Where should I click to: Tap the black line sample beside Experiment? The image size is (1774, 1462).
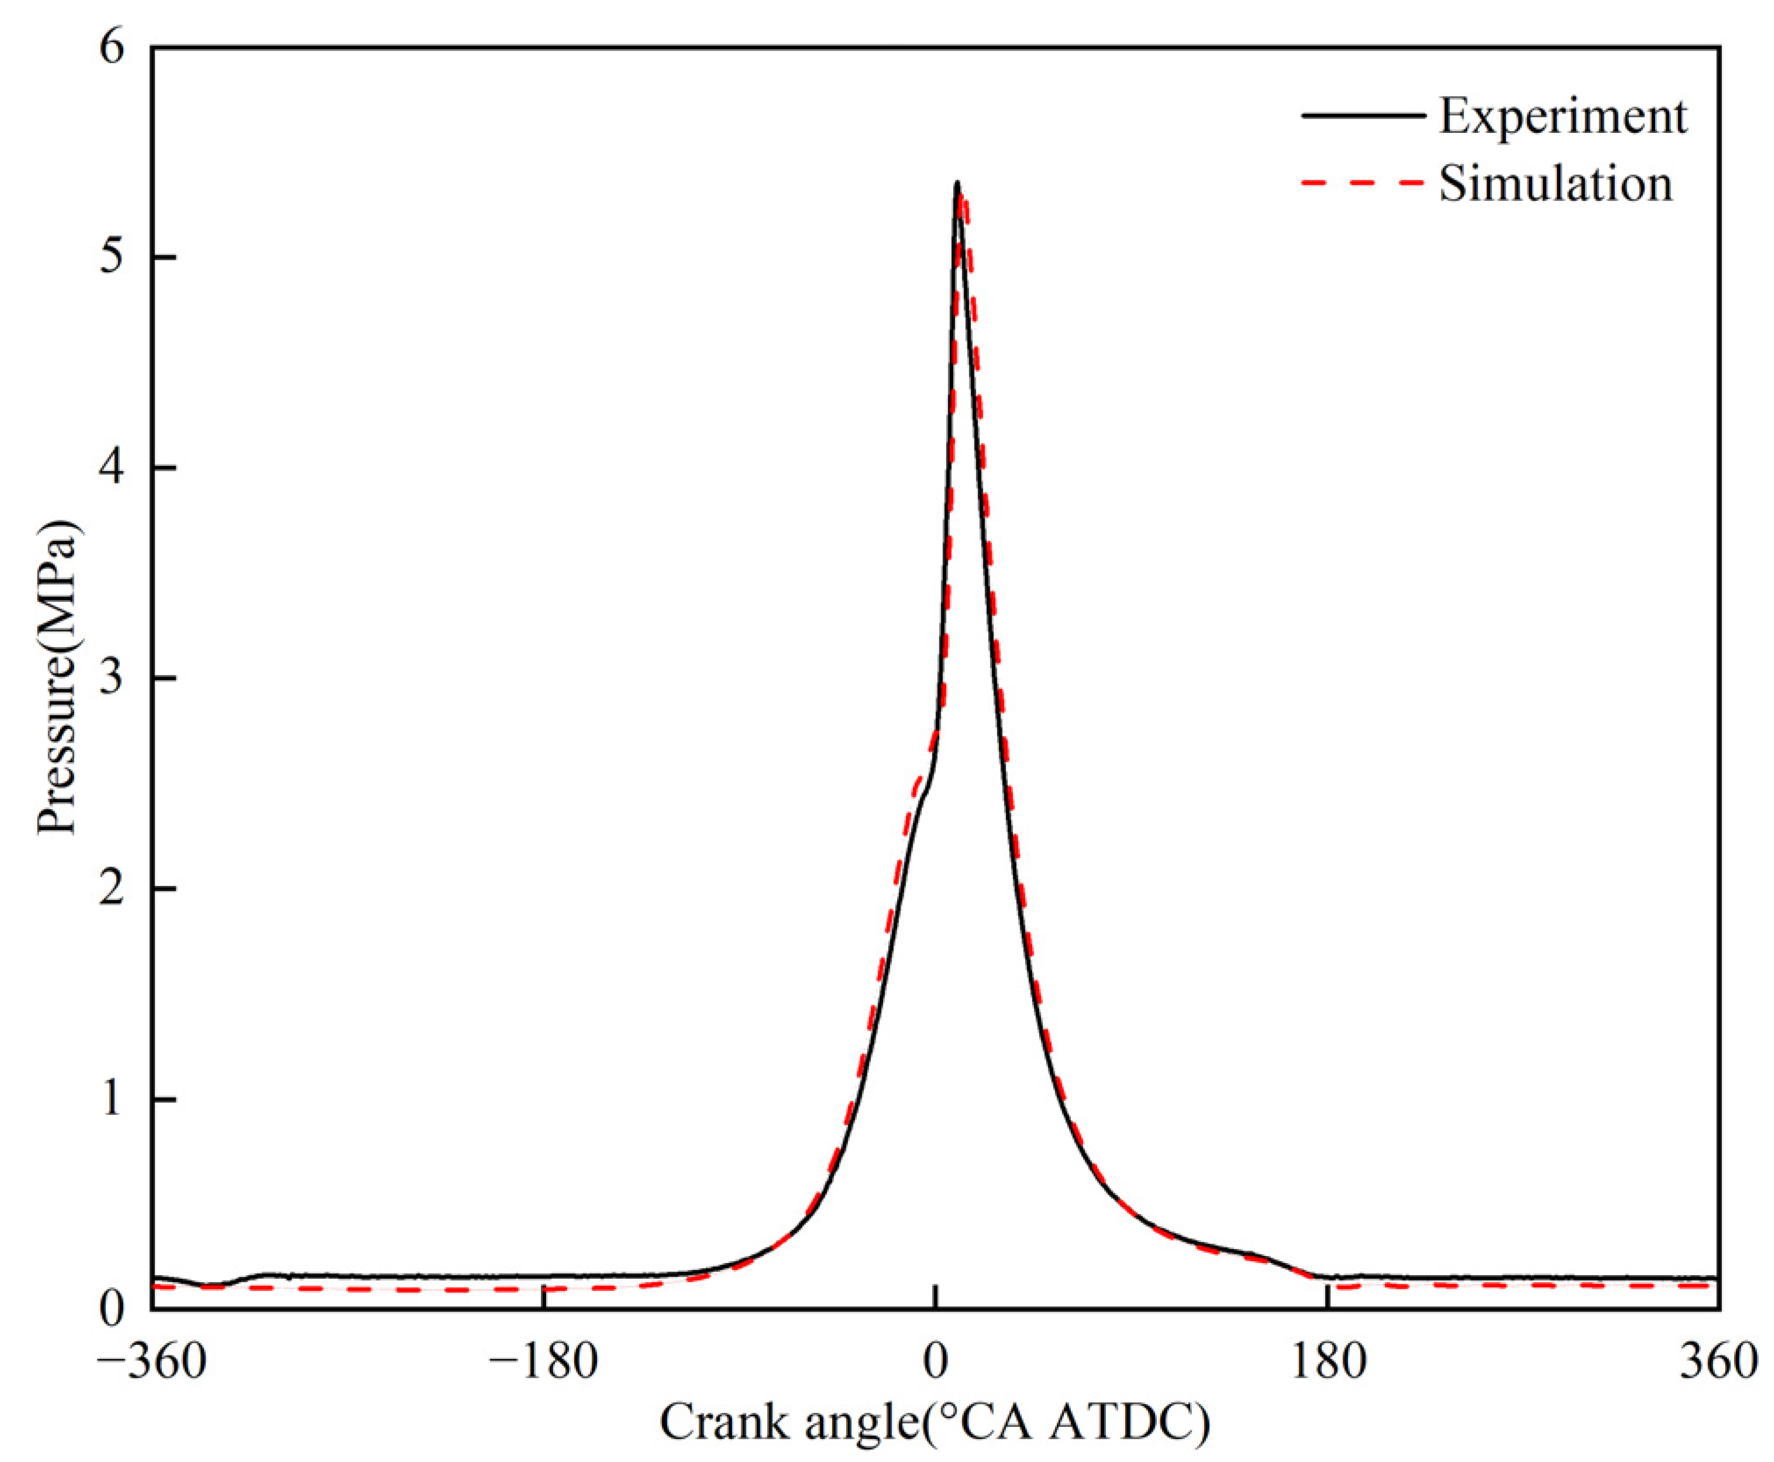(1362, 115)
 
